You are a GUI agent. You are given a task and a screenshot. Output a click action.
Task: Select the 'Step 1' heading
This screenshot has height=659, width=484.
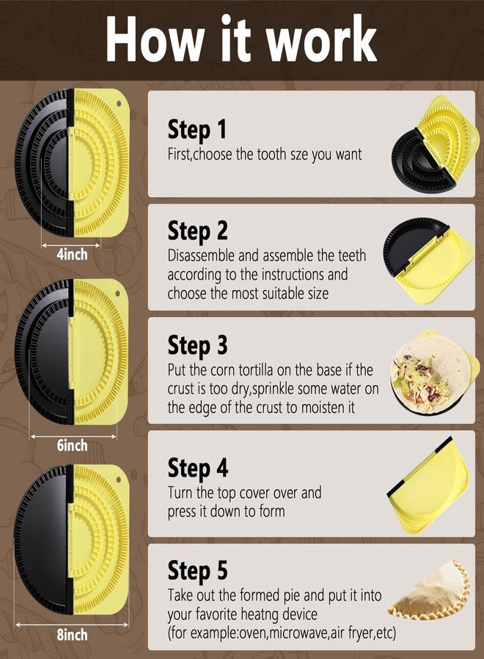pos(197,130)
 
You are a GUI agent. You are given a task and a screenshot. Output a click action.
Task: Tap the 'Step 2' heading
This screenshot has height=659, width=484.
pos(197,231)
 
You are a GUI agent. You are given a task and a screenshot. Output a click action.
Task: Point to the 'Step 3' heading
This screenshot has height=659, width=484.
pos(197,345)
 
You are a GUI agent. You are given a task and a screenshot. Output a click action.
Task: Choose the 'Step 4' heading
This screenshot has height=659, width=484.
pos(197,467)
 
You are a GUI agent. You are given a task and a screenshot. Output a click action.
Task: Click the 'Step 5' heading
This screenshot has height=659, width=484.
pos(197,570)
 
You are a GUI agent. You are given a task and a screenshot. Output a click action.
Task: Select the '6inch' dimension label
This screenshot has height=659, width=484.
pos(71,445)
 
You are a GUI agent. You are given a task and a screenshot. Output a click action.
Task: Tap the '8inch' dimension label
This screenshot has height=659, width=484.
pos(71,633)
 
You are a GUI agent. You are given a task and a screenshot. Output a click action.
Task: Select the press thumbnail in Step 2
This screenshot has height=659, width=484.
pos(430,257)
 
